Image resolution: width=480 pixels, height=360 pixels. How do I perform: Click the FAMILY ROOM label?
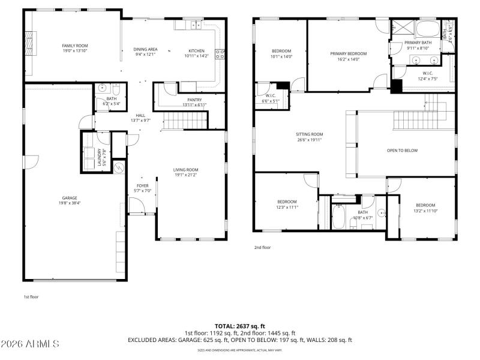click(x=75, y=46)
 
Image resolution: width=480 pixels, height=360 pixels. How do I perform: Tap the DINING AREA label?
click(x=145, y=49)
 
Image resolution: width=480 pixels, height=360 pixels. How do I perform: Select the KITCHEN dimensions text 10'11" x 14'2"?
click(x=196, y=56)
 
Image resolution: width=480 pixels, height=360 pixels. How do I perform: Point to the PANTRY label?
click(x=194, y=100)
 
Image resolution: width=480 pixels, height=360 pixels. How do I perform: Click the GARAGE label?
click(x=70, y=197)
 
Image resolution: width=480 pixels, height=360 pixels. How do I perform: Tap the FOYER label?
click(x=142, y=186)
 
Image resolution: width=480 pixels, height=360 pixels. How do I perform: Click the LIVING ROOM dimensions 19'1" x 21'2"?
click(x=185, y=175)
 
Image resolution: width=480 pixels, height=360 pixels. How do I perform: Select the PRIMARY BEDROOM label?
click(x=348, y=53)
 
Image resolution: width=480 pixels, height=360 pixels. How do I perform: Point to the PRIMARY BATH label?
click(x=418, y=43)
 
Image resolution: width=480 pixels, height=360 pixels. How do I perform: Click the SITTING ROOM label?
click(x=309, y=134)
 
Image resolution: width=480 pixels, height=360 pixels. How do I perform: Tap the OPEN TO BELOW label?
click(x=402, y=151)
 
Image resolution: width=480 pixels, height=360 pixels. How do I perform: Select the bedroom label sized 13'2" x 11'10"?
click(x=425, y=205)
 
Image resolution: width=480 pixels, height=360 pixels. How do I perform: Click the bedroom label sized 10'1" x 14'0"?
click(x=281, y=51)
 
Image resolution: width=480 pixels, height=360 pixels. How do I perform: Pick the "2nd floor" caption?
click(x=263, y=247)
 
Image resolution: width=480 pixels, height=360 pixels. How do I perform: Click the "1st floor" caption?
click(x=32, y=296)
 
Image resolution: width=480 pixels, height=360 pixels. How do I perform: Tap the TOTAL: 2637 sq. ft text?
click(x=239, y=326)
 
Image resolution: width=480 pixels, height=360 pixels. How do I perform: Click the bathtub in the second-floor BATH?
click(x=338, y=217)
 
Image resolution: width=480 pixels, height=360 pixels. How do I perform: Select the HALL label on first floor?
click(x=140, y=115)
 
